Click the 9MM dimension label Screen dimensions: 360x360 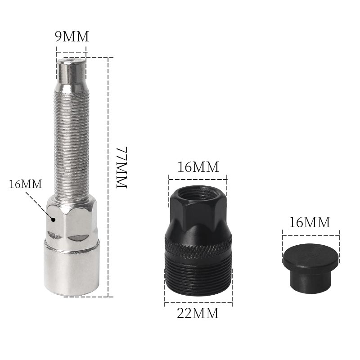click(72, 36)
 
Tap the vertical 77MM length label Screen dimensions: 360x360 click(121, 167)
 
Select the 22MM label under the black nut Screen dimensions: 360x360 click(198, 313)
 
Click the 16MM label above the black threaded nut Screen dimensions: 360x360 click(198, 167)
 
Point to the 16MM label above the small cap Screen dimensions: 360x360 click(310, 222)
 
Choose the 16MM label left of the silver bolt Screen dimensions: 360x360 click(26, 184)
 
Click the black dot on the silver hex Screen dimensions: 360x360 click(54, 220)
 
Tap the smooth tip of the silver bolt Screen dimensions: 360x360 click(71, 72)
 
